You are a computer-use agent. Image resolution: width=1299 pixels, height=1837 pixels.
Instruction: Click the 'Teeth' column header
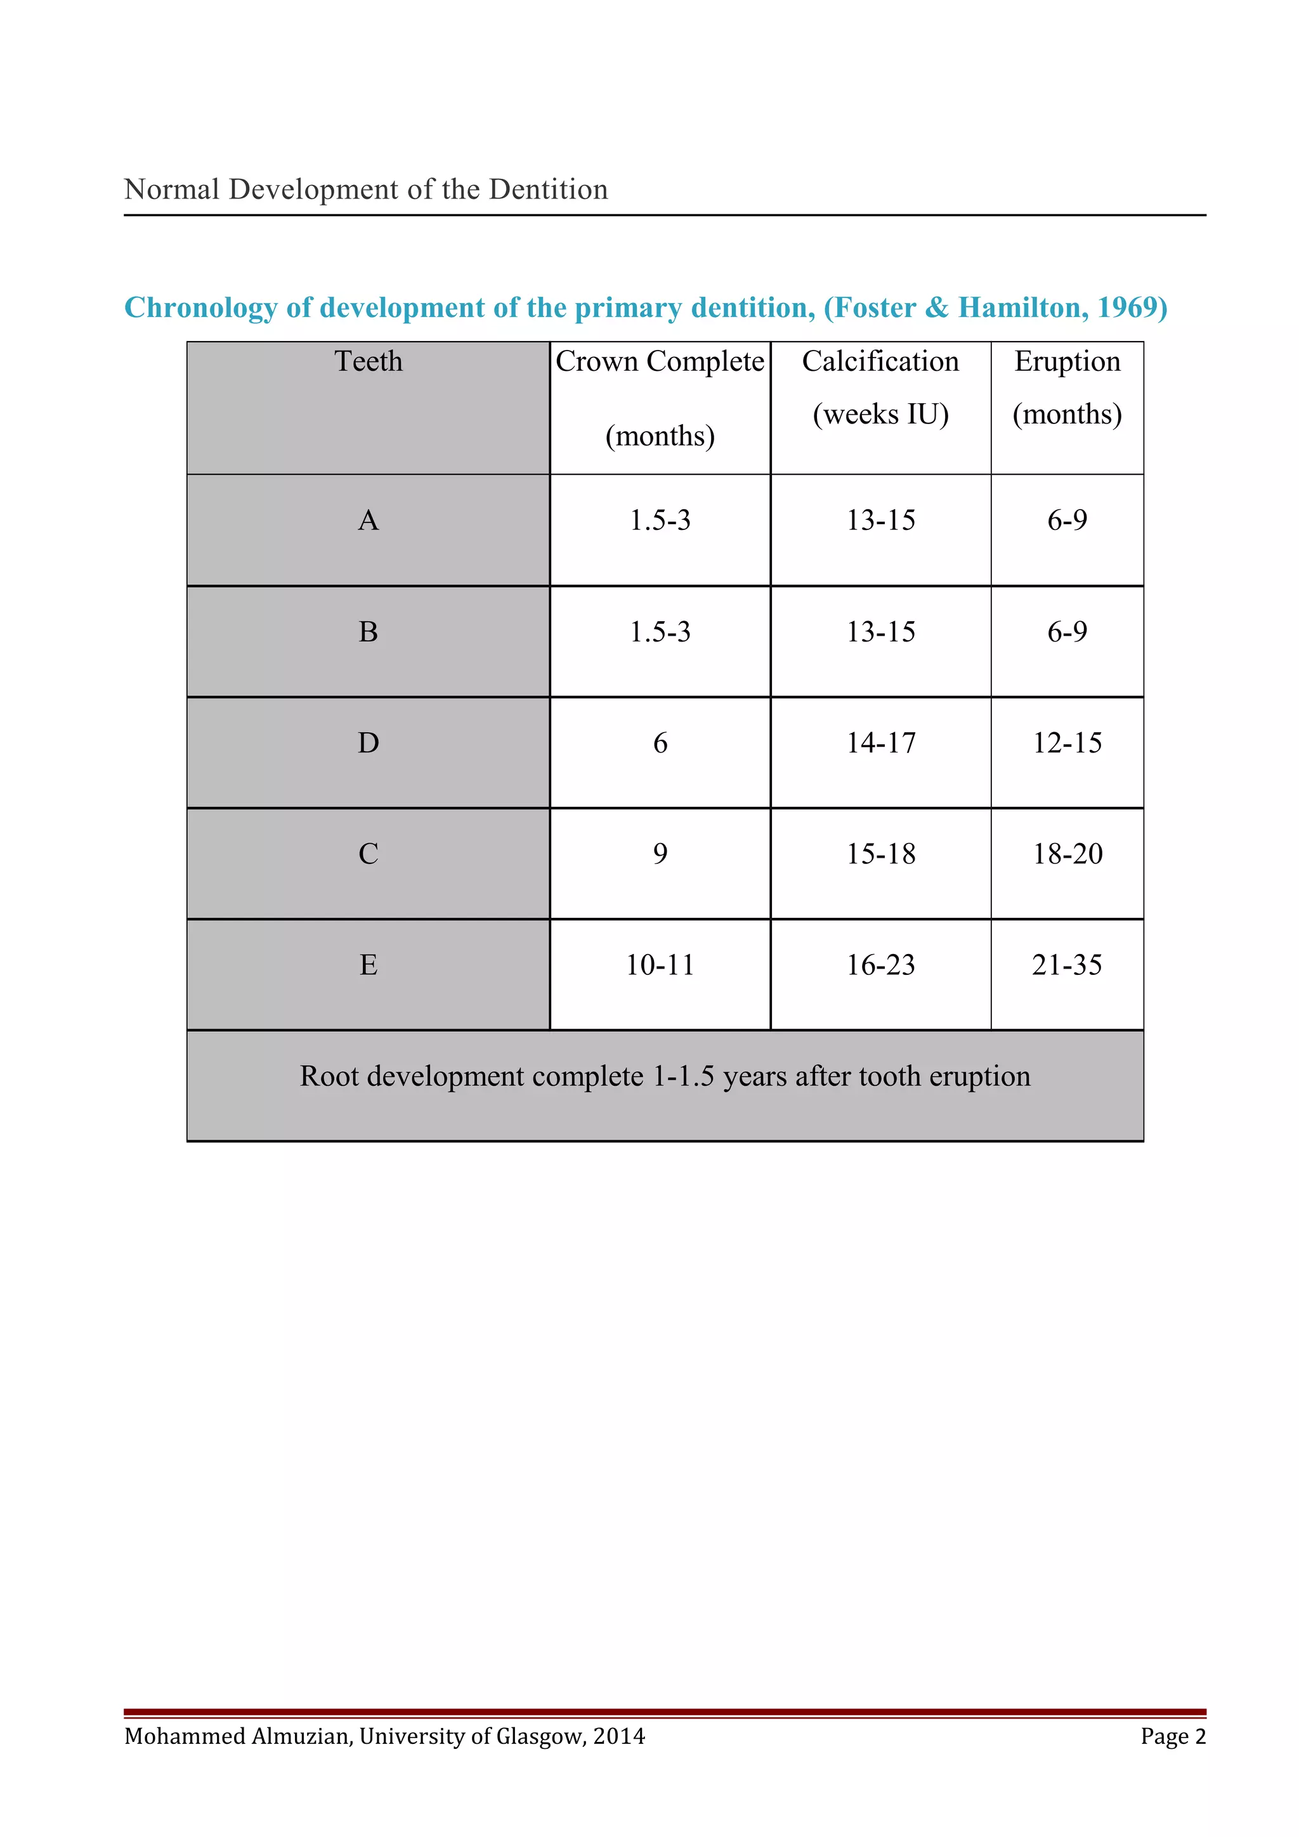tap(368, 362)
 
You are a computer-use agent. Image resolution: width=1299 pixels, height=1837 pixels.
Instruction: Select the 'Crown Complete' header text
tap(660, 362)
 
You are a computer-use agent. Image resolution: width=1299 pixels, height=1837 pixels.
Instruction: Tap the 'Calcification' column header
tap(880, 362)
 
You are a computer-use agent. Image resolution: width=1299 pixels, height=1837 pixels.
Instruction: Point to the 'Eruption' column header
tap(1067, 362)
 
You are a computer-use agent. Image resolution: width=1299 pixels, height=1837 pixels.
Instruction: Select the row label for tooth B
tap(368, 632)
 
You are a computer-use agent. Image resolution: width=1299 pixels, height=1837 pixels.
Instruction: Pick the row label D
tap(368, 744)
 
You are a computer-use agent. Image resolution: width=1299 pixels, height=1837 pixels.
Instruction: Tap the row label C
tap(368, 854)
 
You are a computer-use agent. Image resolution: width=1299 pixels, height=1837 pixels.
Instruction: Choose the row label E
tap(368, 965)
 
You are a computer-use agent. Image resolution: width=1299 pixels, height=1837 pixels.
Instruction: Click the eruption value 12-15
tap(1067, 744)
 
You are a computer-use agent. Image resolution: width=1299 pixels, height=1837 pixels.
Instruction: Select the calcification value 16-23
tap(880, 965)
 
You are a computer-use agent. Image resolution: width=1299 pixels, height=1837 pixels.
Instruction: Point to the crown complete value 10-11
tap(660, 965)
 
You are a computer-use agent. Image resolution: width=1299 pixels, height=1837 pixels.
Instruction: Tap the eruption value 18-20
tap(1067, 854)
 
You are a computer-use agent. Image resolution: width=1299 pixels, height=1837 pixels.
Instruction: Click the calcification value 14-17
tap(880, 744)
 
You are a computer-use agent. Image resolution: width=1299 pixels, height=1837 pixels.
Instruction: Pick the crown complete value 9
tap(660, 854)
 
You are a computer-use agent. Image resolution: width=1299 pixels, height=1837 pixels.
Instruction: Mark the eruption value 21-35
tap(1067, 965)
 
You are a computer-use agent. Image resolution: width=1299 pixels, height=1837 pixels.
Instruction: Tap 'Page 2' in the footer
tap(1173, 1736)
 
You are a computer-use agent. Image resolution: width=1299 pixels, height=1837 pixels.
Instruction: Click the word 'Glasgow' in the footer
tap(540, 1736)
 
